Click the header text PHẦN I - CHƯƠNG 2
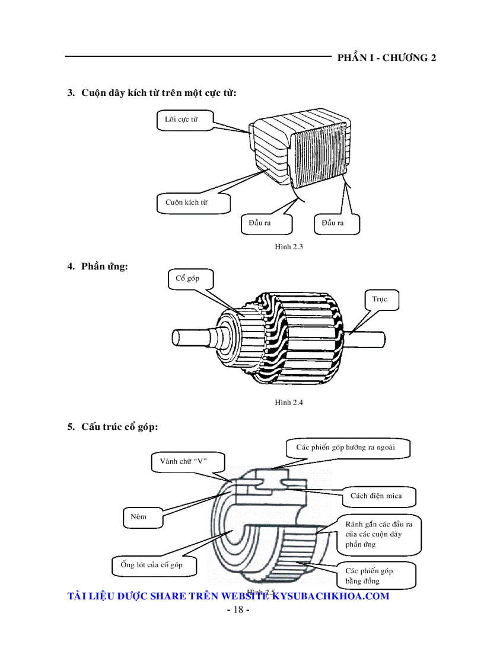[386, 57]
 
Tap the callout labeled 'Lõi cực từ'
[181, 120]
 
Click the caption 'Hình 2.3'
[289, 246]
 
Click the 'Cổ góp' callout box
[188, 278]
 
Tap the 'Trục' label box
[380, 299]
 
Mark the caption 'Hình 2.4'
[289, 402]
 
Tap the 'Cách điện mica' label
[375, 496]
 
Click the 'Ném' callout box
[139, 516]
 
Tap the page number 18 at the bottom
[238, 610]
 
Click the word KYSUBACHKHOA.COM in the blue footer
[330, 596]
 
